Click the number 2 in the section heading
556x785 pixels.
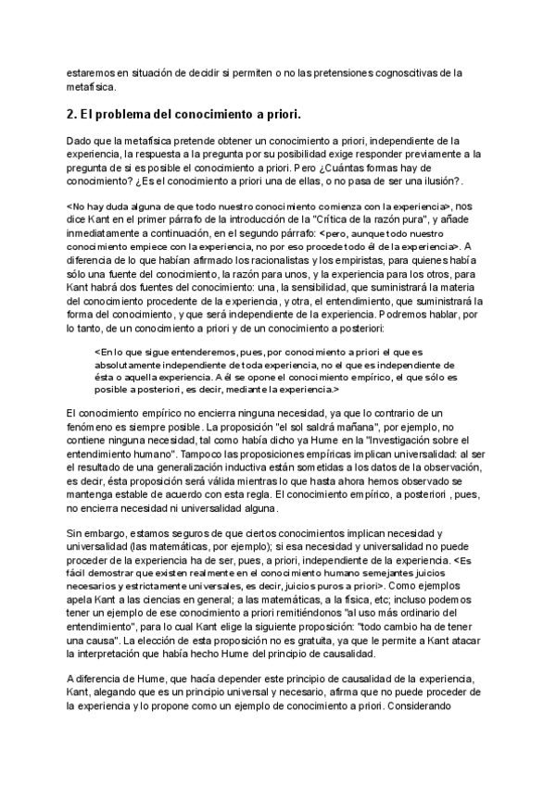click(70, 114)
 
